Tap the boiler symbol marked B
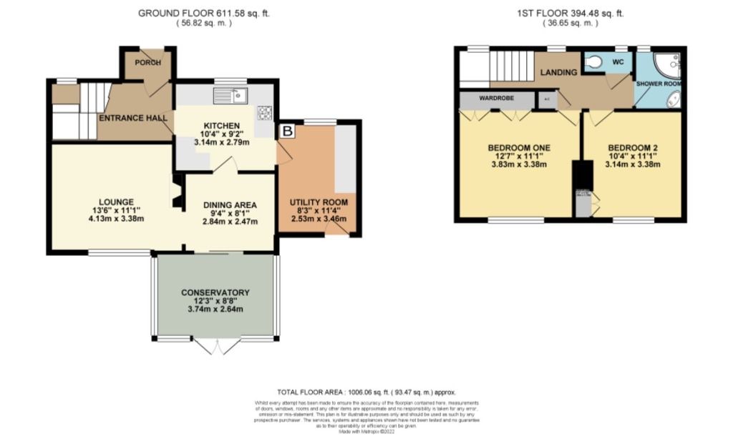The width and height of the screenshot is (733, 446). click(287, 131)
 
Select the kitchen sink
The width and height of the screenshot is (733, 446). click(230, 95)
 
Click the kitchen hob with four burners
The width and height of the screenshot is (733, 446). click(265, 112)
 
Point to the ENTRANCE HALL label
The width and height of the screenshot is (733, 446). click(133, 117)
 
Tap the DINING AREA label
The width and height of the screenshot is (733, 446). click(230, 204)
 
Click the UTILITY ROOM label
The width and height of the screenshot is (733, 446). click(319, 202)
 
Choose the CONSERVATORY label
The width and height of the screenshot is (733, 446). click(215, 292)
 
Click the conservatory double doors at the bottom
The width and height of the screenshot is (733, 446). click(215, 347)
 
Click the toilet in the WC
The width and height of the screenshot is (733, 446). click(592, 63)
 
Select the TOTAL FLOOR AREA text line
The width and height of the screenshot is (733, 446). click(366, 392)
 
